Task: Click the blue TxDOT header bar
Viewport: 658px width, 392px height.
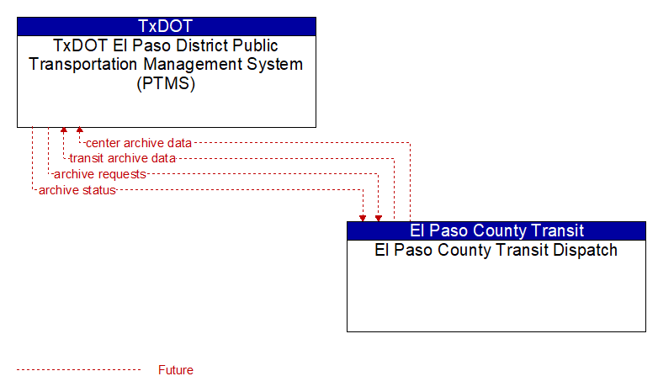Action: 167,26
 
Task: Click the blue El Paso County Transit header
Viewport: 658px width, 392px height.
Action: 496,230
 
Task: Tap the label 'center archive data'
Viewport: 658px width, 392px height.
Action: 139,143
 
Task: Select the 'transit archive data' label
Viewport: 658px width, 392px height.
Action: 123,158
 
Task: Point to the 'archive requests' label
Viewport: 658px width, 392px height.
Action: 100,174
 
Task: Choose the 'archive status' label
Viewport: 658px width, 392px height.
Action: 77,190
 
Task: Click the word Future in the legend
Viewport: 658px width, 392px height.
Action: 176,370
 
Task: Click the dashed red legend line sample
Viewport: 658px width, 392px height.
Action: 79,370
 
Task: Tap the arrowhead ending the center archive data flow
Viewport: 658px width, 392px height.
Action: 79,130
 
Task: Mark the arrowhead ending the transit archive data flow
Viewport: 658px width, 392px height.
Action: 64,130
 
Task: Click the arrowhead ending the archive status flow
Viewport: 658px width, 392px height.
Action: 363,218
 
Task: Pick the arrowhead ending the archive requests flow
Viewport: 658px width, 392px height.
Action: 379,218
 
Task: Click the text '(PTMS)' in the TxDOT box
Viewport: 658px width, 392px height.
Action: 166,83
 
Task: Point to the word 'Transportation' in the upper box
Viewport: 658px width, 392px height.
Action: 83,64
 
